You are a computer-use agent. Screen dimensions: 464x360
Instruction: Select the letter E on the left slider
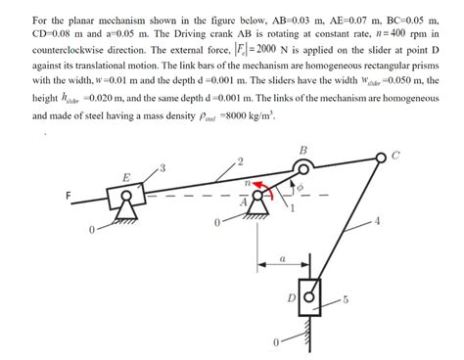click(x=125, y=177)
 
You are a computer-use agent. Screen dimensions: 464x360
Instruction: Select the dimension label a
click(x=282, y=259)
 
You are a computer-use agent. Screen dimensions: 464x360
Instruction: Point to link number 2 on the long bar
click(x=238, y=159)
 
